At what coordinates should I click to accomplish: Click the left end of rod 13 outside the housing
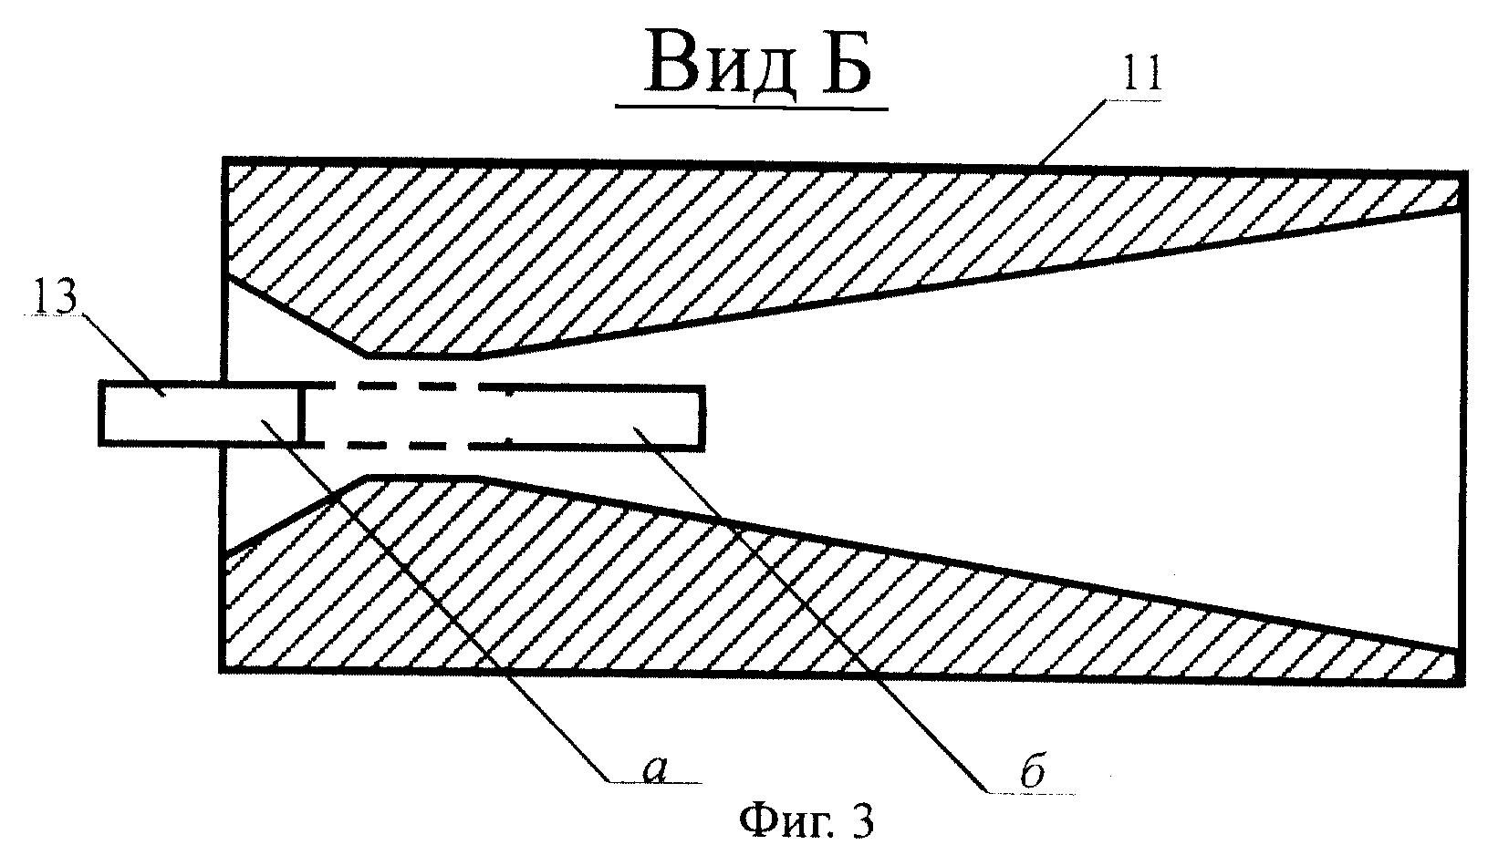click(100, 412)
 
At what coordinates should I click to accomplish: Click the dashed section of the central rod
click(399, 416)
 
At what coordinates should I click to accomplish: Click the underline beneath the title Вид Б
click(752, 107)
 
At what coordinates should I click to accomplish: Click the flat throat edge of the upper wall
click(422, 357)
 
